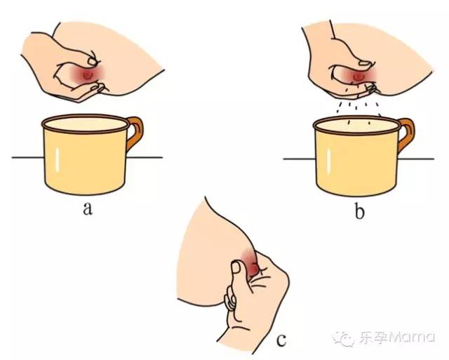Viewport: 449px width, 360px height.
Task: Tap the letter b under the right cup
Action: tap(360, 210)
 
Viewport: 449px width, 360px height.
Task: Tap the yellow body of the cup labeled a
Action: tap(83, 161)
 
